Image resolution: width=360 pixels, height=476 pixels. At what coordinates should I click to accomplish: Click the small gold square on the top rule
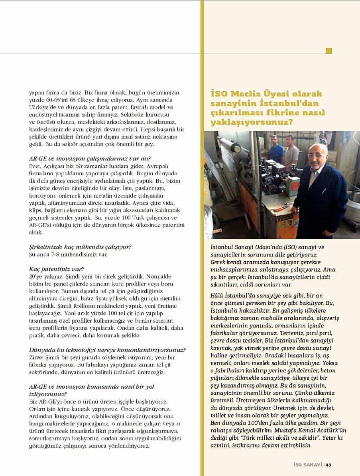click(329, 51)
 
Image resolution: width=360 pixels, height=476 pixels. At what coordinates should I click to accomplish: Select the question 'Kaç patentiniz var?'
click(57, 269)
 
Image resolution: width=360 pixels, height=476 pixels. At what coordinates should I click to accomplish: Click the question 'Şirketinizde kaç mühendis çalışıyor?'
click(80, 247)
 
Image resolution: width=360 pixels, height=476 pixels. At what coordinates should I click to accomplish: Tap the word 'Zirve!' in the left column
click(37, 357)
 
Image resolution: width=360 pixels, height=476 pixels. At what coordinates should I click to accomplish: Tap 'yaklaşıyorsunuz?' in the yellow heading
click(252, 122)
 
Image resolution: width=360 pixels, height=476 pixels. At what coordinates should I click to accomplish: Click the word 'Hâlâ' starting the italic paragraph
click(218, 295)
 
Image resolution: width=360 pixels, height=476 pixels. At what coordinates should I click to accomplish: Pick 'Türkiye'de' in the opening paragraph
click(43, 108)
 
